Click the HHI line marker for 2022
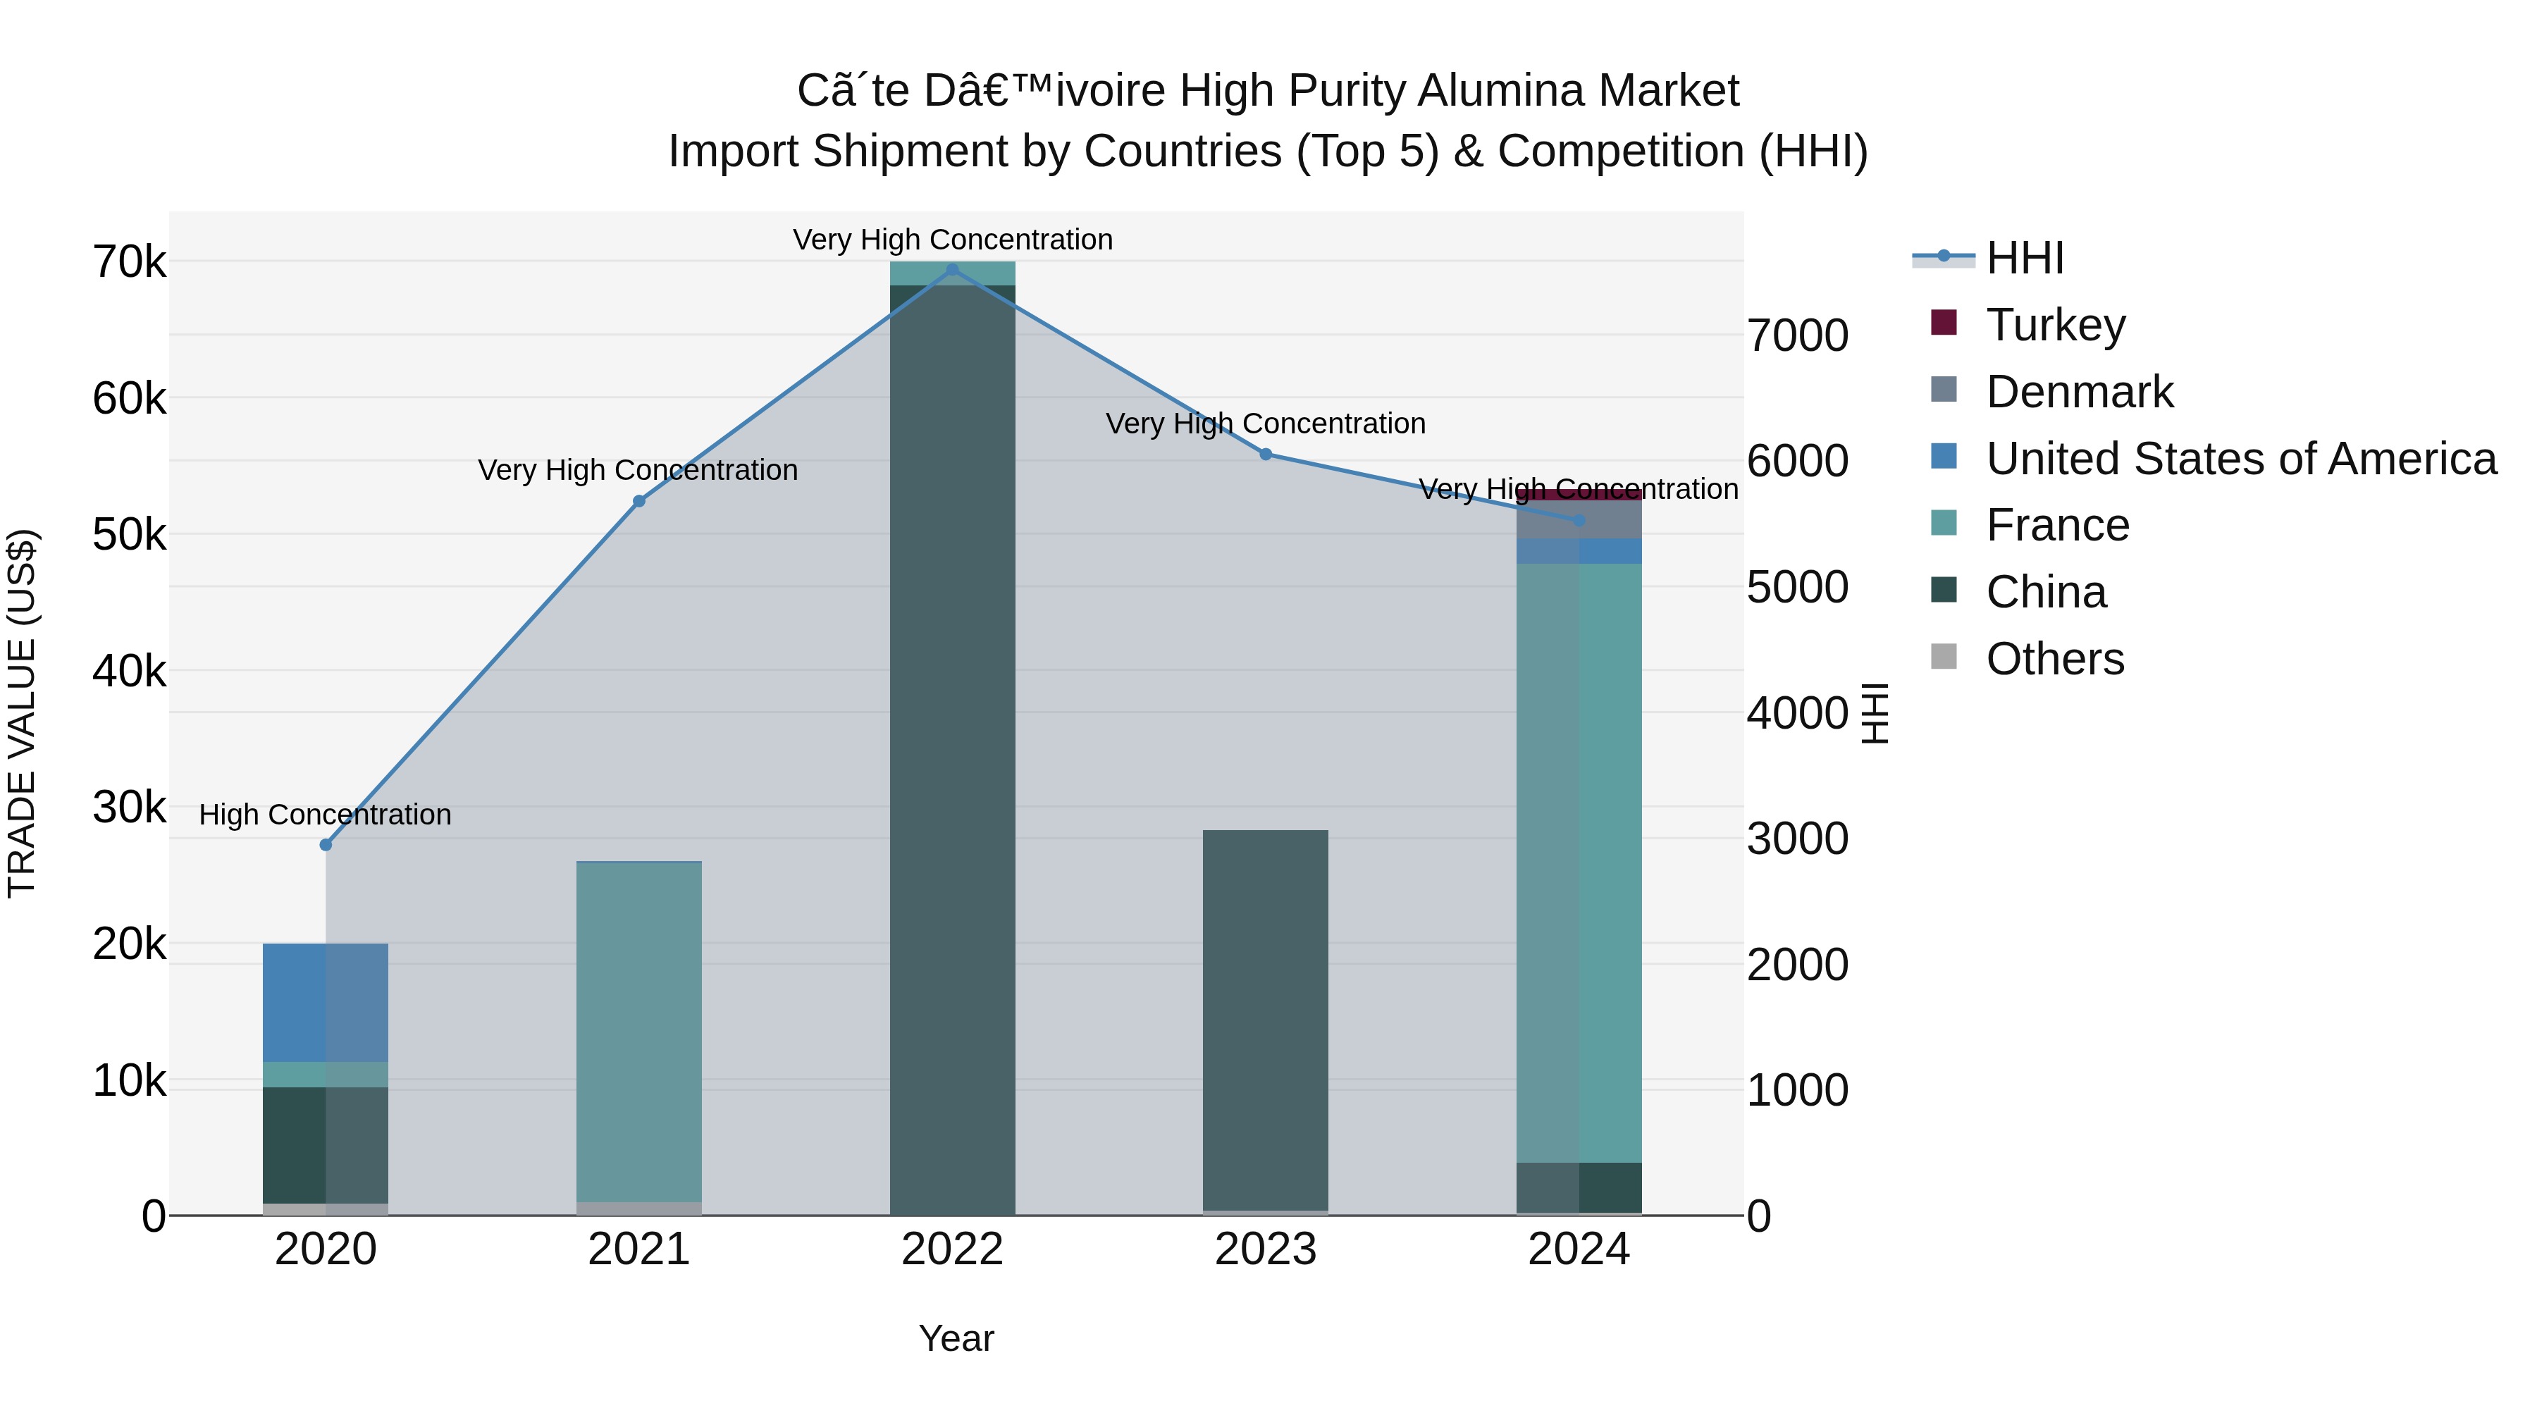[951, 270]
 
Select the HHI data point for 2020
[326, 845]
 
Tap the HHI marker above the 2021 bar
[638, 501]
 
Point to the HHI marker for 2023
[1266, 454]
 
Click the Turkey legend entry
[2056, 324]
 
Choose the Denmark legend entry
[2079, 391]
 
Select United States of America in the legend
[2240, 458]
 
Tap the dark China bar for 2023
[1266, 1019]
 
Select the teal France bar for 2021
[638, 1031]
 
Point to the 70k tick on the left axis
[129, 263]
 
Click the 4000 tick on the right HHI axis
[1797, 713]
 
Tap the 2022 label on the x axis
[951, 1249]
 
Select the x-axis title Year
[956, 1338]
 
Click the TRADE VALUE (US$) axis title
[22, 713]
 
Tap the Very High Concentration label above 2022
[952, 240]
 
